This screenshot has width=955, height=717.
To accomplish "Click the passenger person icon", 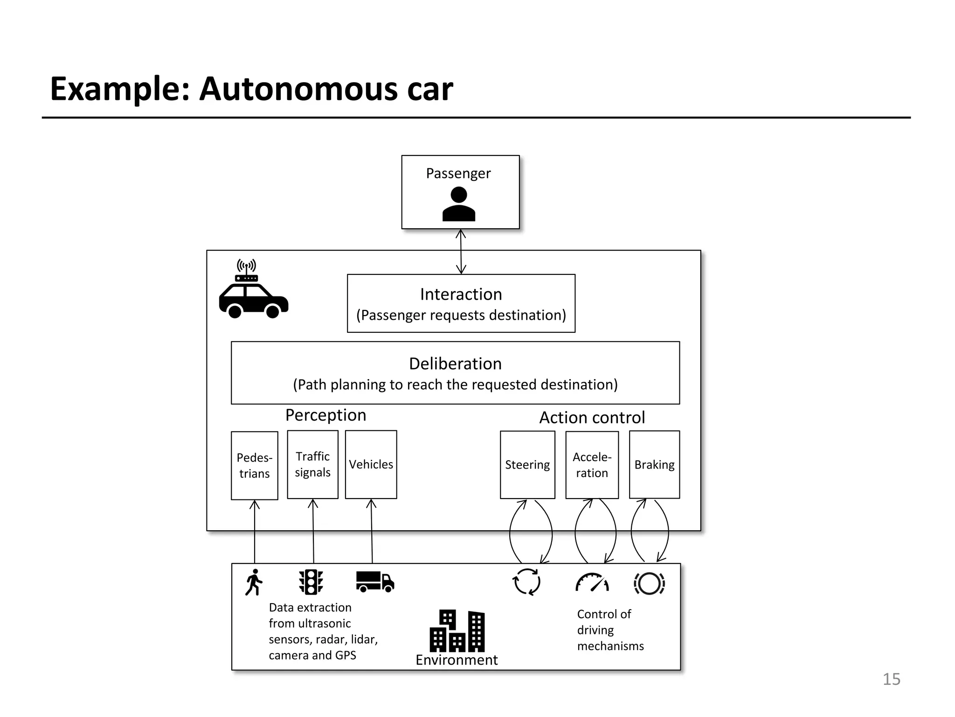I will pyautogui.click(x=459, y=204).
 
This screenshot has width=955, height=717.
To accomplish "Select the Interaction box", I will pyautogui.click(x=461, y=303).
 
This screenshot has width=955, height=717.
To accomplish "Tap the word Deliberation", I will pyautogui.click(x=455, y=364).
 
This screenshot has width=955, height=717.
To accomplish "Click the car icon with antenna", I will pyautogui.click(x=253, y=290).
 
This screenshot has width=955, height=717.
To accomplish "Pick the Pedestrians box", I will pyautogui.click(x=254, y=465).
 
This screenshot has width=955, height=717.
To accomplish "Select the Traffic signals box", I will pyautogui.click(x=312, y=464).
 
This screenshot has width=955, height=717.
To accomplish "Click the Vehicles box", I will pyautogui.click(x=371, y=464).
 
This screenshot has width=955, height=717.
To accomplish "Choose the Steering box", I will pyautogui.click(x=527, y=464).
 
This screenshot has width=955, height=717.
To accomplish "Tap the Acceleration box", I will pyautogui.click(x=592, y=465).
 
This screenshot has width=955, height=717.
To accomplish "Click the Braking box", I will pyautogui.click(x=654, y=464).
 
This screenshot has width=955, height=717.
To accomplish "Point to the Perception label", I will pyautogui.click(x=325, y=415).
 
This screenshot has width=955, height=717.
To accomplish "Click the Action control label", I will pyautogui.click(x=592, y=417).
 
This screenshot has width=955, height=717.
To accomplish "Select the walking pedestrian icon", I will pyautogui.click(x=254, y=582).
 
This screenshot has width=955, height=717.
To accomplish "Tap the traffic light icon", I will pyautogui.click(x=311, y=582).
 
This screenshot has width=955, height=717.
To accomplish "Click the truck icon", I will pyautogui.click(x=375, y=582).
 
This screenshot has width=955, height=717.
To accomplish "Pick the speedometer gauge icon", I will pyautogui.click(x=592, y=583).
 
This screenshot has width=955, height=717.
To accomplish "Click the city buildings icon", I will pyautogui.click(x=457, y=631).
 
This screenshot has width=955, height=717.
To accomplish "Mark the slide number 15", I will pyautogui.click(x=891, y=679).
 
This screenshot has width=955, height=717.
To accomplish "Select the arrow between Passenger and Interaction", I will pyautogui.click(x=461, y=252).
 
